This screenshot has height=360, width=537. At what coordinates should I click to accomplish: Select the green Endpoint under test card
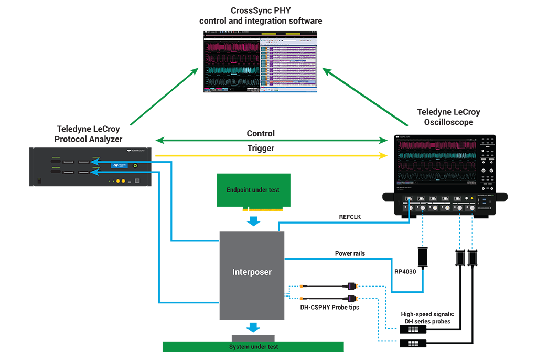(254, 190)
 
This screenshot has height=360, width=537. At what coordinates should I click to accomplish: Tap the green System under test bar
(253, 347)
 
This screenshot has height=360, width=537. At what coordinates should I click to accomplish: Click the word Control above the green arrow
(261, 134)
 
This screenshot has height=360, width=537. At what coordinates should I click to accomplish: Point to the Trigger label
(261, 149)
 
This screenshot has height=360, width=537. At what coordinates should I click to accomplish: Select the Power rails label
(351, 253)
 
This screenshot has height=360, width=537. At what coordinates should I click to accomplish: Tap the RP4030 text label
(405, 272)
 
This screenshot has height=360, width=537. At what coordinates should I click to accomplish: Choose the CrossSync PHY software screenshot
(261, 62)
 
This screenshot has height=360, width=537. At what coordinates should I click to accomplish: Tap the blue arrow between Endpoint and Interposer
(254, 220)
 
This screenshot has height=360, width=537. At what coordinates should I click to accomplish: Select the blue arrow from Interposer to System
(254, 327)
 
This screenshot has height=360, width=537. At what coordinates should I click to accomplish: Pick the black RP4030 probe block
(422, 257)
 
